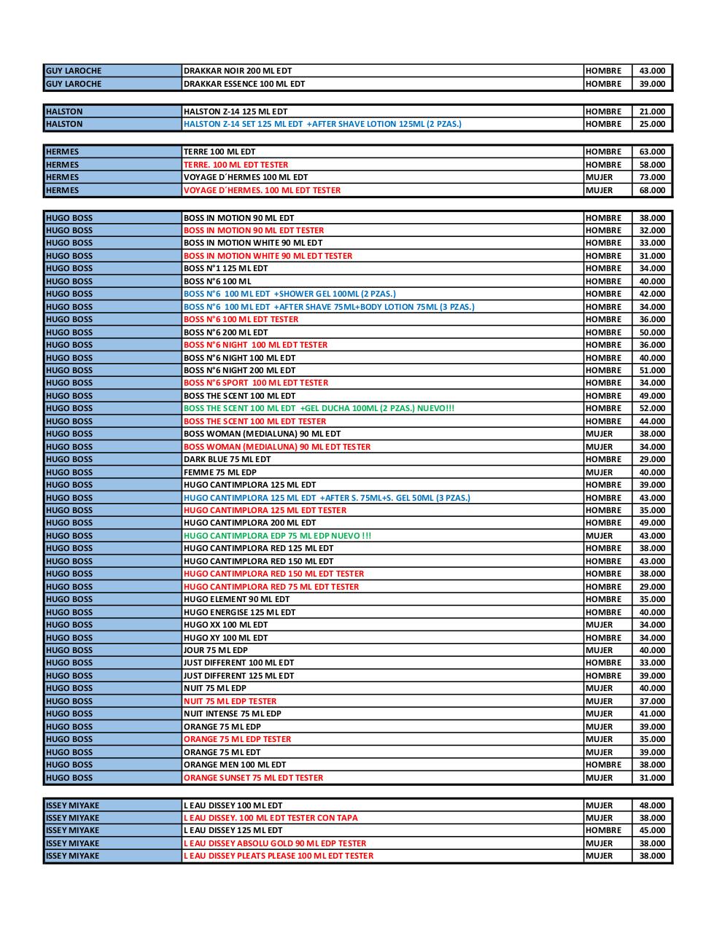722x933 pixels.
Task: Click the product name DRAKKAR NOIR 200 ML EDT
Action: pos(237,71)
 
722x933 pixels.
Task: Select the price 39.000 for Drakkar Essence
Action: pos(652,84)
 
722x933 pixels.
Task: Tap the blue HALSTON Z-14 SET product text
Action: pos(322,124)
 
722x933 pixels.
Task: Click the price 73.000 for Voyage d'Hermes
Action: pos(652,177)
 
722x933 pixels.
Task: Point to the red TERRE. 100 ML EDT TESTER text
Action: pos(236,165)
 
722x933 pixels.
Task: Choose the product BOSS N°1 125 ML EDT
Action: pos(225,268)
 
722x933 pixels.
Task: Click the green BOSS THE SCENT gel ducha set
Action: pos(319,408)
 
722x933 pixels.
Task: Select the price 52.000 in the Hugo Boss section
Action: pos(652,408)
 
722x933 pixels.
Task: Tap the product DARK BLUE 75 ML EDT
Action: pos(227,459)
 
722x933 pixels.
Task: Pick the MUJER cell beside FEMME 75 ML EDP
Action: pos(599,472)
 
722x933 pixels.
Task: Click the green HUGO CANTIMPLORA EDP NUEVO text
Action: pos(277,536)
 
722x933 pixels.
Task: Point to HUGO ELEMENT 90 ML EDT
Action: pos(236,599)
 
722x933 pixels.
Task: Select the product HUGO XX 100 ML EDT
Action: pos(225,625)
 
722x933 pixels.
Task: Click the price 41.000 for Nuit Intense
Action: pos(652,714)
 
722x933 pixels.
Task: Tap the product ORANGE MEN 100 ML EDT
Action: pos(235,765)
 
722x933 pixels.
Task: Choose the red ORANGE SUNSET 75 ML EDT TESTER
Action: pos(253,778)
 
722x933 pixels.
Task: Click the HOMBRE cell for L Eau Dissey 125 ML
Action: pos(603,830)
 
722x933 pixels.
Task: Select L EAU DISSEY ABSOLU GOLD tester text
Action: pos(275,843)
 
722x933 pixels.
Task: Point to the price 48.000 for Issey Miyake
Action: pos(652,805)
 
